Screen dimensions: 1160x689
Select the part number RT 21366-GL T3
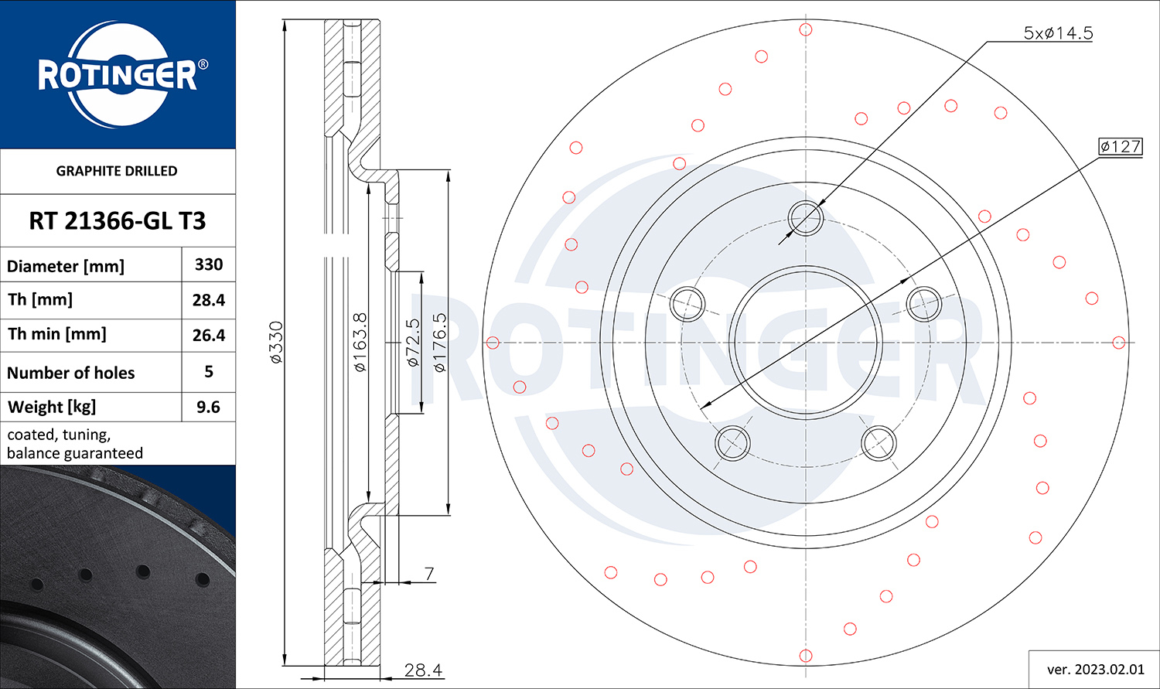(118, 221)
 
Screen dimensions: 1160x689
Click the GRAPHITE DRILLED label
(117, 171)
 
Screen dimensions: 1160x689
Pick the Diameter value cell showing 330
(209, 264)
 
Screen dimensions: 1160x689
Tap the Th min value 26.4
(209, 336)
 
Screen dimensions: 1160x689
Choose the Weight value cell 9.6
(208, 407)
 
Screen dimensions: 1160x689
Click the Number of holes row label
(71, 373)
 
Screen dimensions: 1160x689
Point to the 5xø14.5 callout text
(1058, 33)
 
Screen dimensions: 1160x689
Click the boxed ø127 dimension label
(1120, 146)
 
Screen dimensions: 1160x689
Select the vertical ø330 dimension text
(277, 342)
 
